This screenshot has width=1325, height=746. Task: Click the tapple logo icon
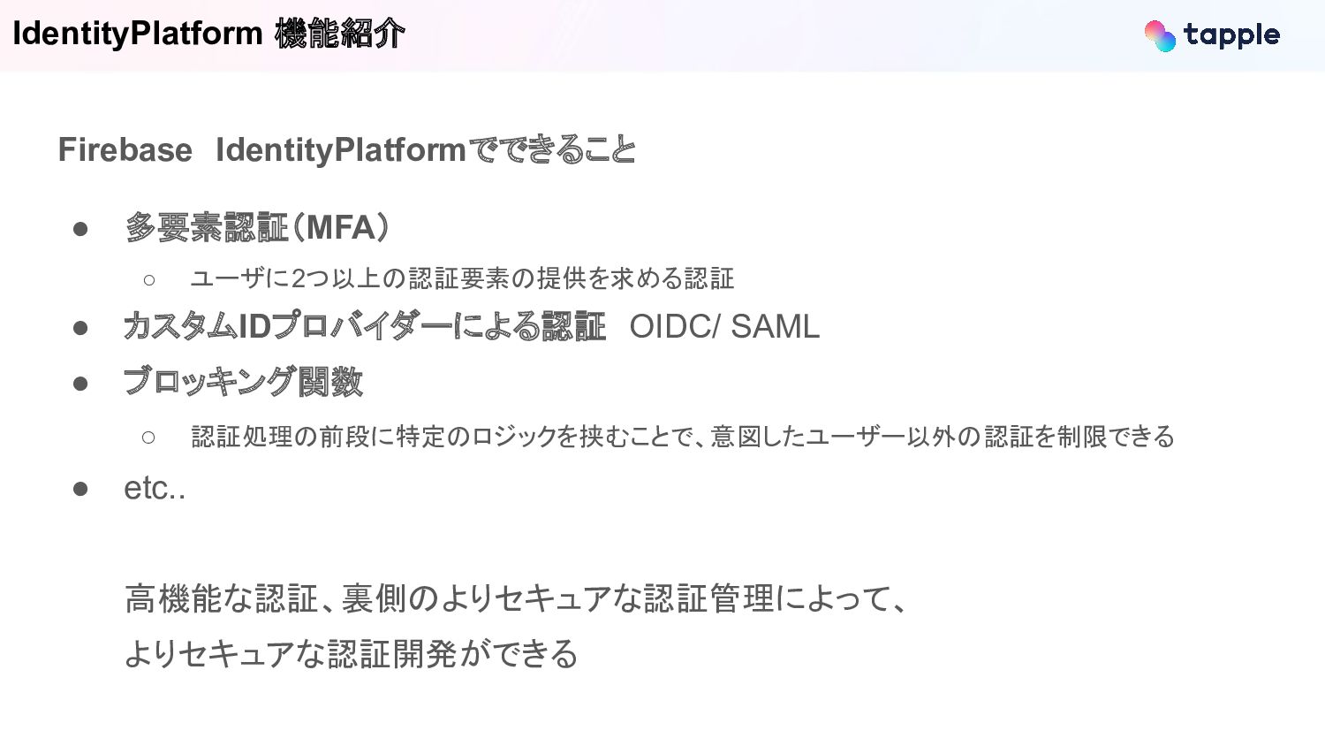(x=1160, y=35)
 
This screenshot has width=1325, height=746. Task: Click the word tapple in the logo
(x=1231, y=35)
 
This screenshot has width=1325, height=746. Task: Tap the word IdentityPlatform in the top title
(x=138, y=34)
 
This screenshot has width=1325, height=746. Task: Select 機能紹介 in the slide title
(x=339, y=34)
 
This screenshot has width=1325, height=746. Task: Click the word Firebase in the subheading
(x=125, y=150)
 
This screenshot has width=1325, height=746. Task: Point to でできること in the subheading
(x=550, y=150)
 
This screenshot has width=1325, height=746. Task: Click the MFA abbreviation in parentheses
(x=340, y=228)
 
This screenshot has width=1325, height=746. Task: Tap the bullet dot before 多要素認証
(x=80, y=229)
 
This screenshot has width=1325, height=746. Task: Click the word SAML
(x=775, y=327)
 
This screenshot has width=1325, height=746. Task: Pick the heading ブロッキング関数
(x=243, y=382)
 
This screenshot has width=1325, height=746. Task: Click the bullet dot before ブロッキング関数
(x=80, y=384)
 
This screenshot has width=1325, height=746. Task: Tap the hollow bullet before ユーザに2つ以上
(x=148, y=280)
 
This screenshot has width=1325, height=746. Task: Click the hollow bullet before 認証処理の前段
(x=148, y=438)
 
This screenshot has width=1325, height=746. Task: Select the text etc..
(x=155, y=488)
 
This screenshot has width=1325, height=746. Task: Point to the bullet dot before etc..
(x=80, y=489)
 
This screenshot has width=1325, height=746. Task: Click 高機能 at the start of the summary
(x=173, y=599)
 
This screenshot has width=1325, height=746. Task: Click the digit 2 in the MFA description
(x=299, y=279)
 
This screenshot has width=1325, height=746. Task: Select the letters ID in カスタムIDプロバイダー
(x=254, y=327)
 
